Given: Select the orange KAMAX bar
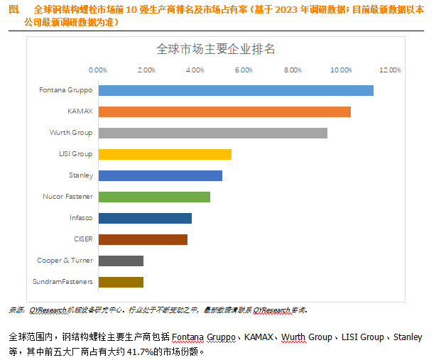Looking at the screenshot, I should click(x=224, y=111).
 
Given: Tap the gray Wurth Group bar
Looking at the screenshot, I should click(x=212, y=133).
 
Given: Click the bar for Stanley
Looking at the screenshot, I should click(x=160, y=175).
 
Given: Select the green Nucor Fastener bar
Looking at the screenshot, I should click(x=154, y=197).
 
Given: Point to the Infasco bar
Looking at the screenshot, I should click(x=145, y=218).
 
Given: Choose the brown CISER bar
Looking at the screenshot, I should click(x=143, y=239).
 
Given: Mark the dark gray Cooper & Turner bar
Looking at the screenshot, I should click(x=121, y=261).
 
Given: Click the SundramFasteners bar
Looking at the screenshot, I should click(x=121, y=282).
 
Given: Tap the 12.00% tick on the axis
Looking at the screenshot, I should click(x=390, y=70).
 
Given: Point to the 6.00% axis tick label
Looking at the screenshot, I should click(x=244, y=70).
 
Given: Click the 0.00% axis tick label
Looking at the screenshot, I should click(x=97, y=70).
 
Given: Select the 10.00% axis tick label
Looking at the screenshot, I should click(x=342, y=70).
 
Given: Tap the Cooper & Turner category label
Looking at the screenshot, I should click(x=65, y=261).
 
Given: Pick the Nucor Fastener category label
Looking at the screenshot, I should click(x=68, y=197).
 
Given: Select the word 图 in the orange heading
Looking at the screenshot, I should click(x=13, y=9).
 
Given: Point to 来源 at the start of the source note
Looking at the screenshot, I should click(x=16, y=310).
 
